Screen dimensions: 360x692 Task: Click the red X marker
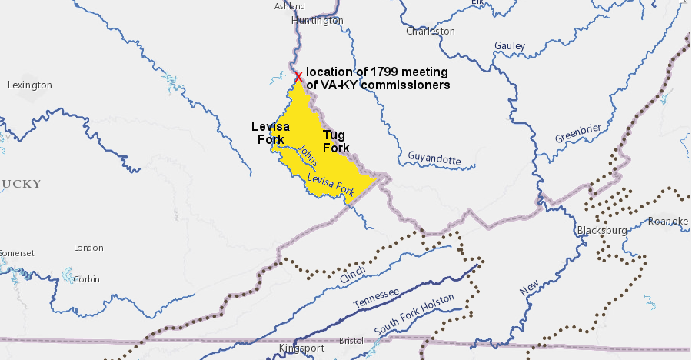click(x=298, y=76)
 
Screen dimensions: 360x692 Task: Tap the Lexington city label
click(x=29, y=85)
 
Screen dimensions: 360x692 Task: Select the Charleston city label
click(x=430, y=32)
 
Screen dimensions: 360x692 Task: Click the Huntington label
click(x=318, y=21)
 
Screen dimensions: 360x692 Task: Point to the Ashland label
click(x=289, y=6)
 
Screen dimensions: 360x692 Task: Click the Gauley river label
click(x=510, y=46)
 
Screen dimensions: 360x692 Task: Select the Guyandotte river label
click(x=434, y=158)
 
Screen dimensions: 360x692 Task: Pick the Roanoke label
click(x=668, y=222)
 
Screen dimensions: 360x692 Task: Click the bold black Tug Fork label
click(x=336, y=142)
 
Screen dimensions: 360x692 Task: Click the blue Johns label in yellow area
click(x=308, y=157)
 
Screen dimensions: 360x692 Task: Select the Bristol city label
click(x=351, y=340)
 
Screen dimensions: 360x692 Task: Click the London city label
click(x=88, y=248)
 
